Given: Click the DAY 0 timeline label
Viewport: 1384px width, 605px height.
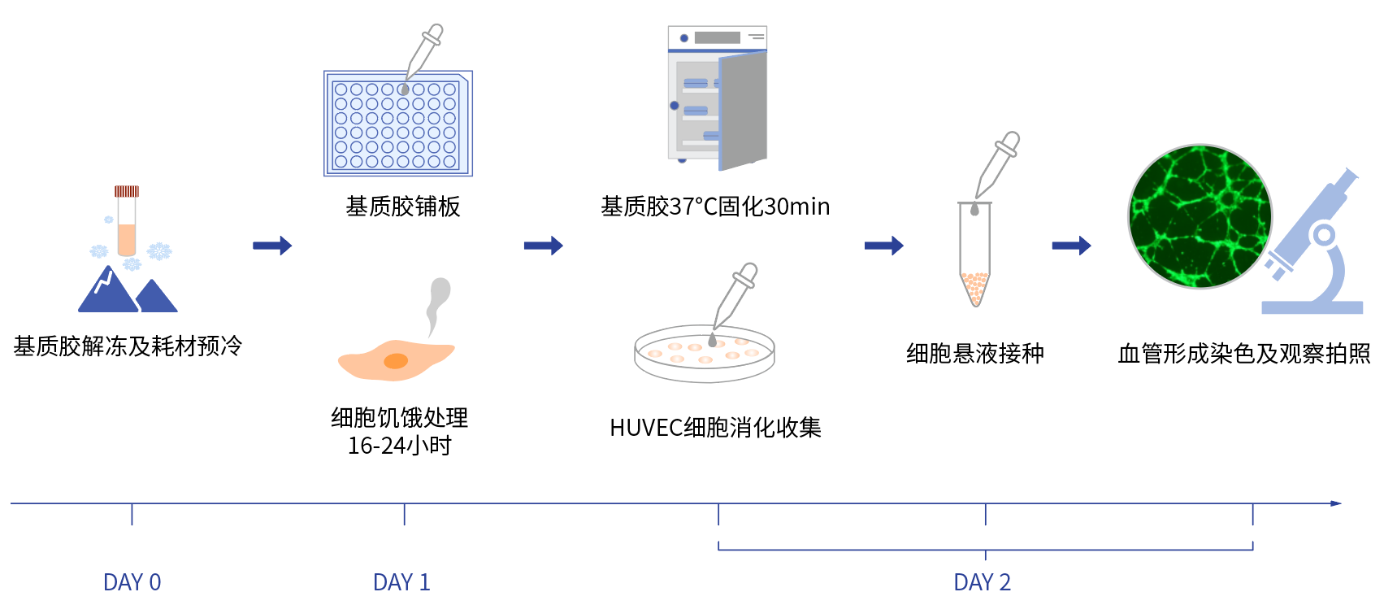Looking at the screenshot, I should click(132, 582).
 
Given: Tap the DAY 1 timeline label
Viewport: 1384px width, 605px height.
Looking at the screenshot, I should click(401, 582).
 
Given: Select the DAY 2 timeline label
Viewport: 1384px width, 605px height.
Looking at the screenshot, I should click(982, 582).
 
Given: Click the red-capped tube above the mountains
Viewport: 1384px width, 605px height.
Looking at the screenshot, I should click(127, 220).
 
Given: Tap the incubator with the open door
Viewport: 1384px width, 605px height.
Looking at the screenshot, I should click(717, 98).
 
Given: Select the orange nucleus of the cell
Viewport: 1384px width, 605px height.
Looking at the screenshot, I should click(396, 361).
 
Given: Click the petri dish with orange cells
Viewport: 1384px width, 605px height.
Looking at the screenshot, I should click(704, 354).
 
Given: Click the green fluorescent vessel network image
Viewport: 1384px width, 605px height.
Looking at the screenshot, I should click(1200, 216).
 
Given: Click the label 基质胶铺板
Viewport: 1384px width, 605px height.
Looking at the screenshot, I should click(403, 207).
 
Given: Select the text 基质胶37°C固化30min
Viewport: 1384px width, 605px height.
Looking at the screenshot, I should click(715, 207).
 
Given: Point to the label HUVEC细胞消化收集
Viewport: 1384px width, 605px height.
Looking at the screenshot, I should click(715, 428).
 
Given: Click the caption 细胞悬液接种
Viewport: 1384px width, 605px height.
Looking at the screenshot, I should click(974, 354).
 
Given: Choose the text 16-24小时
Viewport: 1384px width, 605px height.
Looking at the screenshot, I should click(399, 446).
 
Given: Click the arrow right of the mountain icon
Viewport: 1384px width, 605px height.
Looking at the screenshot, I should click(272, 246).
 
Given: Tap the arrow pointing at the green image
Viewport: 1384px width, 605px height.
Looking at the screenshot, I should click(1071, 246).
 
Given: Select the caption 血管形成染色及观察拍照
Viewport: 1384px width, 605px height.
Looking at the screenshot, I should click(1243, 354).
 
